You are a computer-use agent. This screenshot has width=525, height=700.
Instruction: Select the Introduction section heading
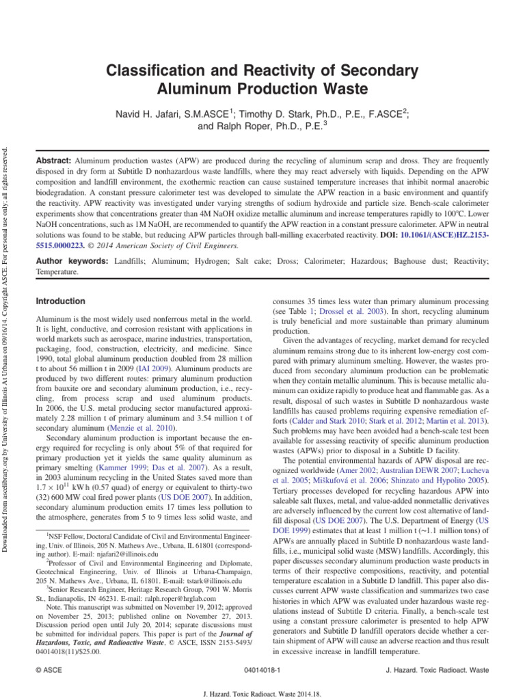click(x=60, y=301)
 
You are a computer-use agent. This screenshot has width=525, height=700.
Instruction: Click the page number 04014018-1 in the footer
click(x=262, y=672)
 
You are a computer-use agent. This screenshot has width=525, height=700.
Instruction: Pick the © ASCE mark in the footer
click(x=48, y=672)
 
